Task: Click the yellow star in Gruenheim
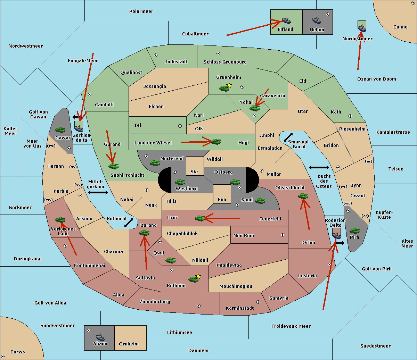(x=229, y=85)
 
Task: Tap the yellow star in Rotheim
(x=198, y=276)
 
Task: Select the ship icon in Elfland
(x=286, y=20)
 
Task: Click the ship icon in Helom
(x=316, y=20)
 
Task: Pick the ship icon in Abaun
(x=100, y=337)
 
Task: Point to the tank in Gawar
(x=60, y=129)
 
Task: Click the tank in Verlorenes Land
(x=60, y=219)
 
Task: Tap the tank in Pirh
(x=354, y=231)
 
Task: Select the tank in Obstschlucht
(x=303, y=196)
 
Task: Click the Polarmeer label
(x=141, y=11)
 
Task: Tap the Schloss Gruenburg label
(x=225, y=62)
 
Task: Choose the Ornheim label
(x=129, y=344)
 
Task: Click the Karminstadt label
(x=240, y=308)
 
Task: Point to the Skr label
(x=195, y=172)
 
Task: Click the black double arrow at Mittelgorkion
(x=98, y=192)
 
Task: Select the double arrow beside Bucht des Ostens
(x=319, y=168)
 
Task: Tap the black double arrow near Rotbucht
(x=129, y=223)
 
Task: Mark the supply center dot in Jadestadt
(x=156, y=55)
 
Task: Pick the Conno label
(x=400, y=27)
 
